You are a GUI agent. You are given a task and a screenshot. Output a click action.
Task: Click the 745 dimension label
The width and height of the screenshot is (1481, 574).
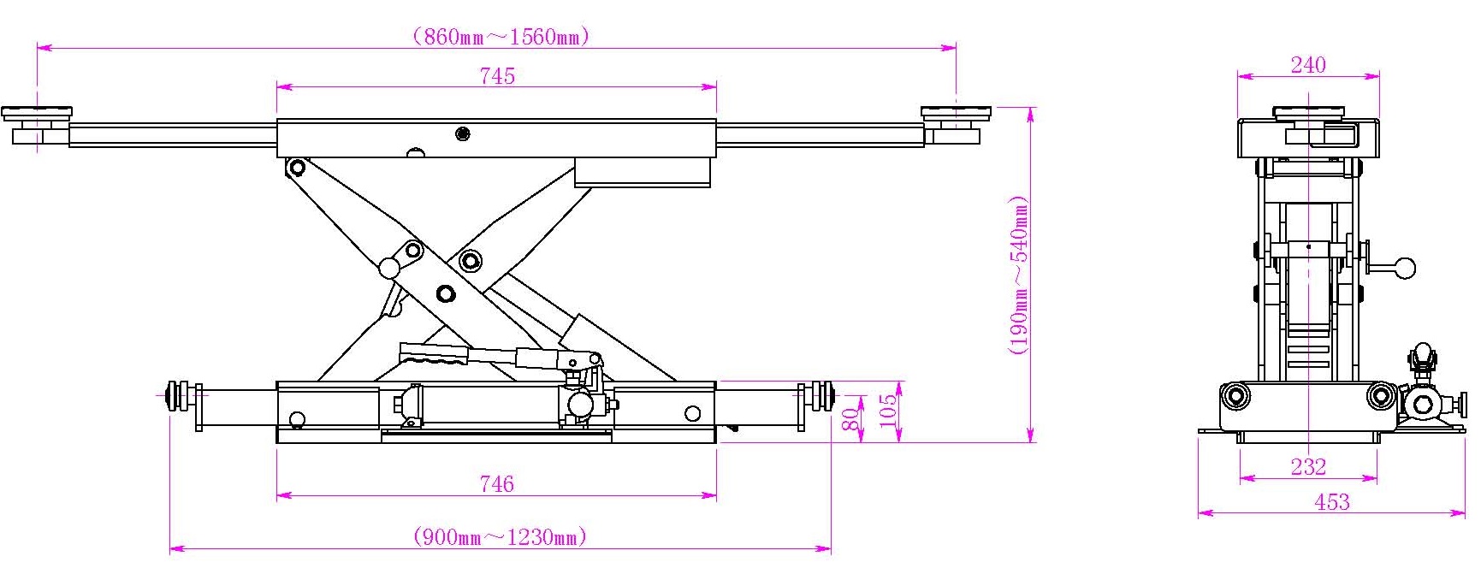click(x=497, y=76)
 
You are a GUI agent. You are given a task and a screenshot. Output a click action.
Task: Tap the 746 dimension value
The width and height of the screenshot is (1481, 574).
click(x=497, y=484)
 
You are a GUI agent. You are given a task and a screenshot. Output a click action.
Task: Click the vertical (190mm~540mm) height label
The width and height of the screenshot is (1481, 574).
click(x=1018, y=275)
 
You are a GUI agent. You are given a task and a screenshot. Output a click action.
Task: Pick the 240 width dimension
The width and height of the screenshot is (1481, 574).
click(x=1308, y=65)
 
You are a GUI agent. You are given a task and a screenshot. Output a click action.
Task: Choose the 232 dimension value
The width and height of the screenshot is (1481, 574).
click(x=1308, y=466)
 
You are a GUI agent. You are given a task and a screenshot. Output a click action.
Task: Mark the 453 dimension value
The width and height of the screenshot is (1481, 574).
click(x=1332, y=502)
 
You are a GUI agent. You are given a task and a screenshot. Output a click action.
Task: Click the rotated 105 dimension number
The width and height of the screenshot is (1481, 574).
click(x=889, y=411)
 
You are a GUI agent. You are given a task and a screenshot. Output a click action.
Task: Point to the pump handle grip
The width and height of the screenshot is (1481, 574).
click(x=435, y=353)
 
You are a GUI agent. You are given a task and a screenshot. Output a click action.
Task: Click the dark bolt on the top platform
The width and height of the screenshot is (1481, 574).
click(x=463, y=133)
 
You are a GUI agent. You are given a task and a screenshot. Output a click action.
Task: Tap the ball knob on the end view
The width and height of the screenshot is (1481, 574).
click(x=1405, y=268)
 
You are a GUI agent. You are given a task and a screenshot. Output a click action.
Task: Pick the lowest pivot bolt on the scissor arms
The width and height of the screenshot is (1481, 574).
click(x=446, y=293)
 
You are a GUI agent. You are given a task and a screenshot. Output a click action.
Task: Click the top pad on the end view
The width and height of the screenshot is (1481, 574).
click(x=1308, y=112)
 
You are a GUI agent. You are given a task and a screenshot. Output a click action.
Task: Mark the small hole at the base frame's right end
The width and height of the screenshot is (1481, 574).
click(x=691, y=414)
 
